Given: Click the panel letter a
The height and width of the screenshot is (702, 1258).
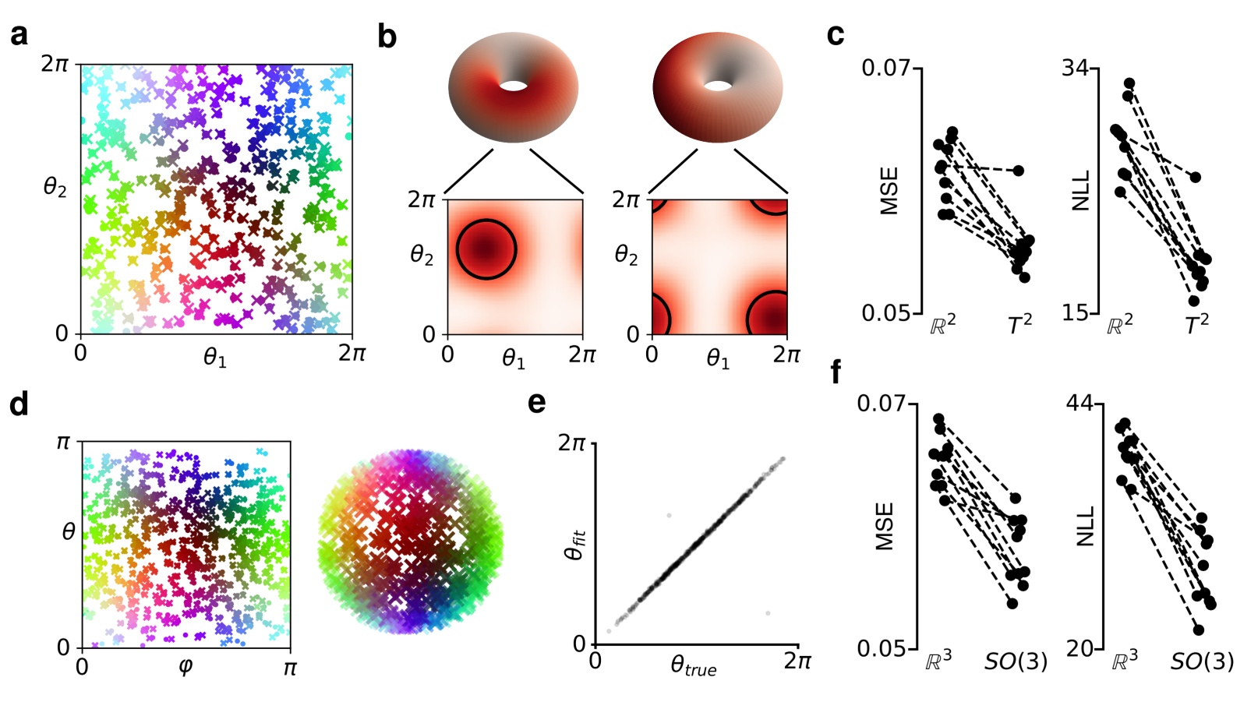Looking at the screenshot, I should coord(19,35).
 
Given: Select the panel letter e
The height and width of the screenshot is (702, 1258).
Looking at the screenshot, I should coord(536,402).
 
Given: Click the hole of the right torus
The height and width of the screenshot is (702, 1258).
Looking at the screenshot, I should coord(718,84).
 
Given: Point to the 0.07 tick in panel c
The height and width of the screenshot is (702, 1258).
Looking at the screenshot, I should coord(885,68).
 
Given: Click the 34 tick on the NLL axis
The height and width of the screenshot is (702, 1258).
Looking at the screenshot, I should coord(1075,68).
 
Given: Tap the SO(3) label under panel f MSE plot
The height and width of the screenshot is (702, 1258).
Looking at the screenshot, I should coord(1016,661).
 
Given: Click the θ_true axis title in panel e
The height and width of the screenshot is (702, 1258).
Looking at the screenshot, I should coord(693,666).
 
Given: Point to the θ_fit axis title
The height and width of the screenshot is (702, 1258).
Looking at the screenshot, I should coord(574,542).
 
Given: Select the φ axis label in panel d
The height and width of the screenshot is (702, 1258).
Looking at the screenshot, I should coord(186,668).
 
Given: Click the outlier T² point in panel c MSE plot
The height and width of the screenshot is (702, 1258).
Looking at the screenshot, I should coord(1018,170).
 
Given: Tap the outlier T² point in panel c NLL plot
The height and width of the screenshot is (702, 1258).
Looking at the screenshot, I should coord(1194,178).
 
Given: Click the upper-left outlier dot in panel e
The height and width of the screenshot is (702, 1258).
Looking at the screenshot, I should coord(669,516).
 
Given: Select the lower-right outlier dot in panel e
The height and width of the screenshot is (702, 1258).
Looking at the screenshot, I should coord(768,613).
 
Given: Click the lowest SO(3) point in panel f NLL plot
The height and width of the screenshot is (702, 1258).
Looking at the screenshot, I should coord(1198,630).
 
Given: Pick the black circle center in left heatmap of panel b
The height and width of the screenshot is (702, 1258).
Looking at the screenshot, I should coord(486,249).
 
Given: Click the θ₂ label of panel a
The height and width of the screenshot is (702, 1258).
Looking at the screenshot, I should coord(55,187).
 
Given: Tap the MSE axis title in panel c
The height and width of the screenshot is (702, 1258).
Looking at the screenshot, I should coord(889,191).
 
